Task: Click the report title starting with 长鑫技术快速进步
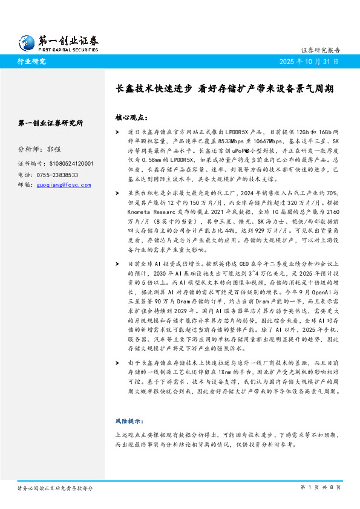pos(224,88)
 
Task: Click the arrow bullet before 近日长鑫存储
pos(117,131)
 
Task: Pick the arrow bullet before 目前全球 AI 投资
pos(117,264)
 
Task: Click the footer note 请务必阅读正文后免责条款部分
pos(55,487)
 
